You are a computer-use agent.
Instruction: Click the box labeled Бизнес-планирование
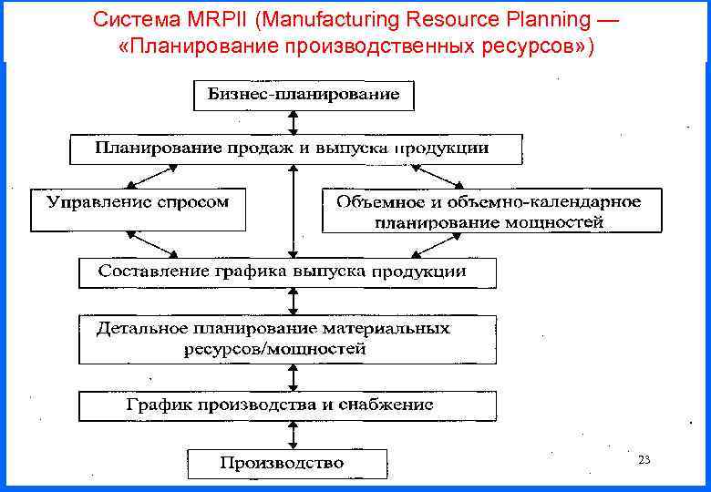click(x=304, y=94)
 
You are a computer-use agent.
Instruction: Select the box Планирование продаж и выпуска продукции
click(x=296, y=149)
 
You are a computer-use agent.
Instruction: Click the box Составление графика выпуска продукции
click(x=287, y=272)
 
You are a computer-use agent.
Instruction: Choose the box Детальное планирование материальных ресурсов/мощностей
click(x=287, y=338)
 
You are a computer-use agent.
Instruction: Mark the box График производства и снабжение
click(x=287, y=405)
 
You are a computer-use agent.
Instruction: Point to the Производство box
click(x=287, y=463)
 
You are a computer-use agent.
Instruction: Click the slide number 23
click(x=644, y=461)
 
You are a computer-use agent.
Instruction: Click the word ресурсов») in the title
click(x=542, y=46)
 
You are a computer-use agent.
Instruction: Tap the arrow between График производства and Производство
click(x=292, y=435)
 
